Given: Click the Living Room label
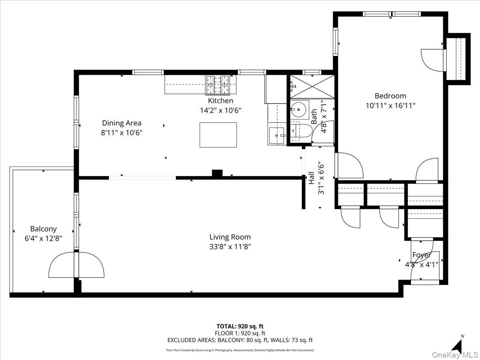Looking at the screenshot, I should click(230, 237).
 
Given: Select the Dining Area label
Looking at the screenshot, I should click(122, 123).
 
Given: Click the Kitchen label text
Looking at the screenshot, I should click(220, 101).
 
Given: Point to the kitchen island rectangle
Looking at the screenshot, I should click(218, 135).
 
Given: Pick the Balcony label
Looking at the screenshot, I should click(43, 229).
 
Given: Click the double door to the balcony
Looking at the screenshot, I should click(76, 265).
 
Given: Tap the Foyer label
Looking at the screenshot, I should click(422, 255).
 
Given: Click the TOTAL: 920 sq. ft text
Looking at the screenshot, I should click(240, 326).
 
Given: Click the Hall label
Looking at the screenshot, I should click(311, 178).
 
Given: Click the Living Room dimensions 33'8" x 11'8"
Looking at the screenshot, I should click(230, 246).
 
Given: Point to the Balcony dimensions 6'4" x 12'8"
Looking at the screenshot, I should click(43, 238).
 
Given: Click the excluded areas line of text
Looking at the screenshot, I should click(240, 340).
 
